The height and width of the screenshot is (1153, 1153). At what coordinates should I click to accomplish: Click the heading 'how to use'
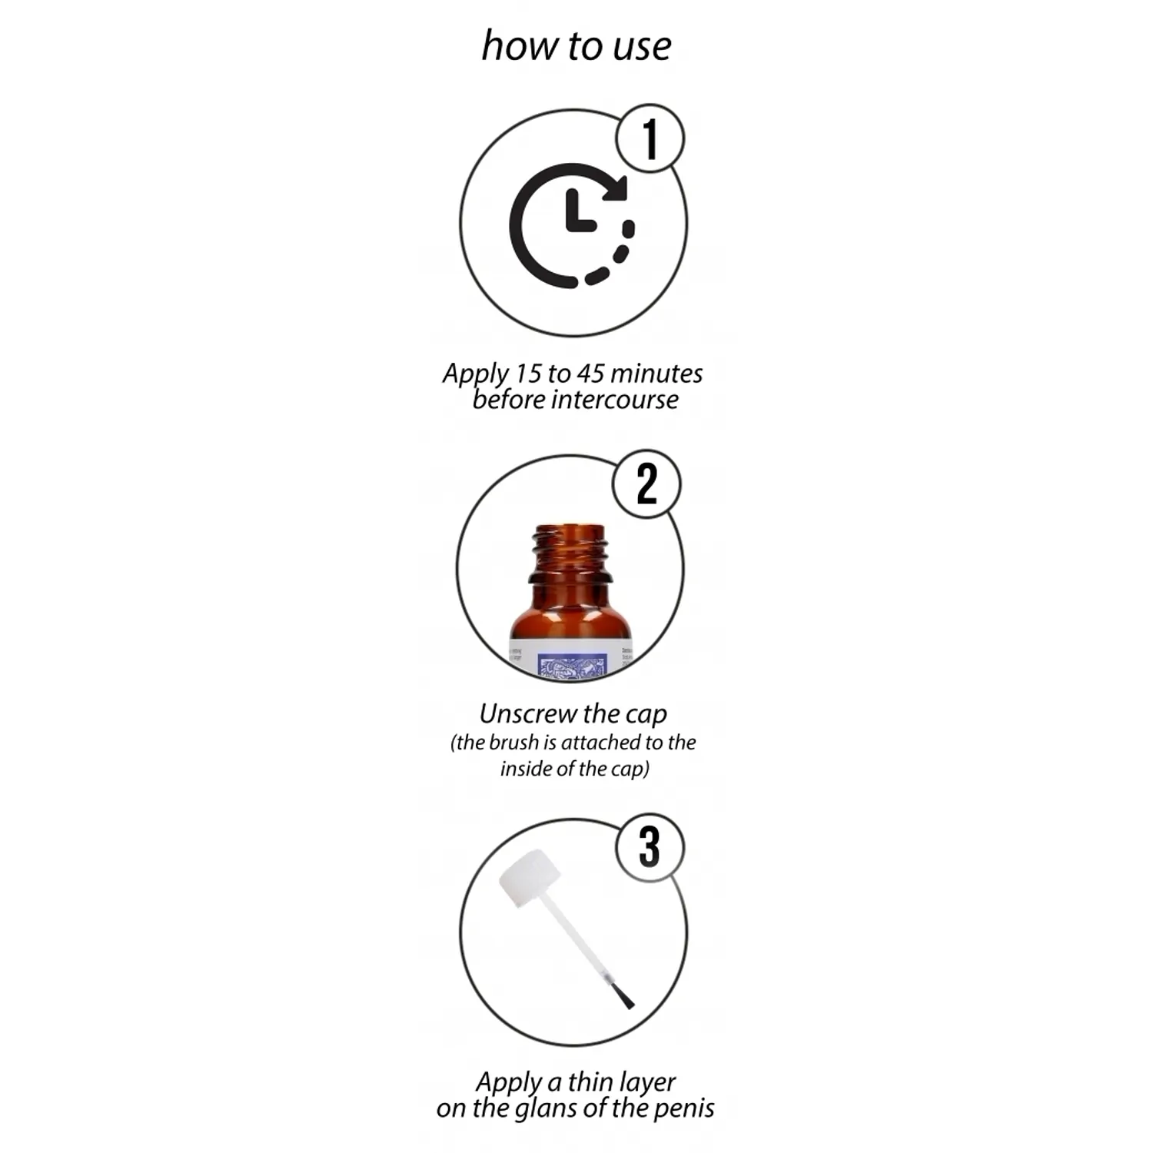pyautogui.click(x=576, y=46)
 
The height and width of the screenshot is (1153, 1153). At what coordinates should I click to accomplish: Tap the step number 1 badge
pyautogui.click(x=650, y=138)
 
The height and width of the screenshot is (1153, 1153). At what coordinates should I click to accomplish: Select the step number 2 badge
pyautogui.click(x=646, y=484)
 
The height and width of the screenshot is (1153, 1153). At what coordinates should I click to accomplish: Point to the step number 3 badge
pyautogui.click(x=650, y=847)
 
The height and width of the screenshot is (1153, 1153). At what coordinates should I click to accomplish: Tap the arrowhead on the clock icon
pyautogui.click(x=616, y=187)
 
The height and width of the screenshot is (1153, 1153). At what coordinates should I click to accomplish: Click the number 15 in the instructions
pyautogui.click(x=528, y=374)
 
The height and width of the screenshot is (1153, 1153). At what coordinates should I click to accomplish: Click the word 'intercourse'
pyautogui.click(x=615, y=400)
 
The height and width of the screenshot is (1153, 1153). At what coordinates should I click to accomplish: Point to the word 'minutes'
pyautogui.click(x=656, y=374)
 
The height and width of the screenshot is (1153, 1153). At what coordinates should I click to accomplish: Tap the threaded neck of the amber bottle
pyautogui.click(x=571, y=550)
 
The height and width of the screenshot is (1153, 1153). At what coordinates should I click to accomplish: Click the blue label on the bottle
pyautogui.click(x=573, y=666)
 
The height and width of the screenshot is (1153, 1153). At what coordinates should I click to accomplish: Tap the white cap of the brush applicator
pyautogui.click(x=529, y=878)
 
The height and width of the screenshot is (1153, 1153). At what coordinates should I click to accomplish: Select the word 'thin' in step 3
pyautogui.click(x=590, y=1082)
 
